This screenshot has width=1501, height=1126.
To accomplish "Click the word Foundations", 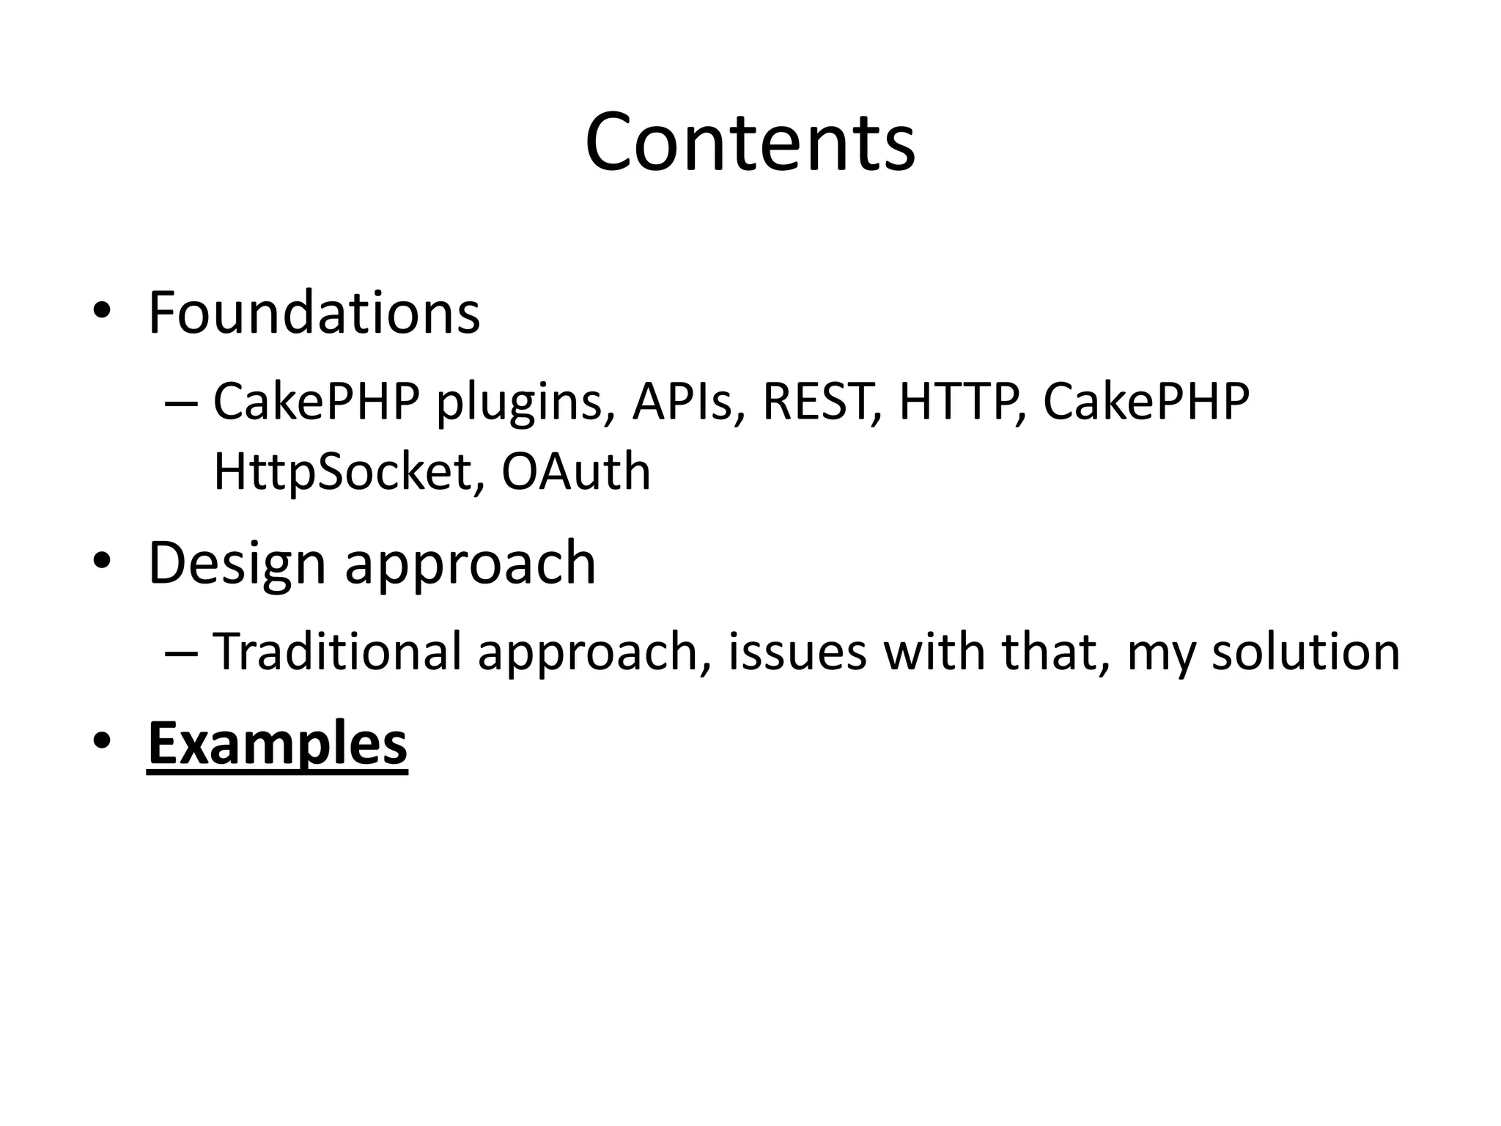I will coord(314,313).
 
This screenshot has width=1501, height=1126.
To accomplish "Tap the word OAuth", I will coord(576,471).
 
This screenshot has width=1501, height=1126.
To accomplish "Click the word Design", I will coord(236,563).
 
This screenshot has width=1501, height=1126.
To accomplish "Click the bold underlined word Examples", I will coord(277,743).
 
